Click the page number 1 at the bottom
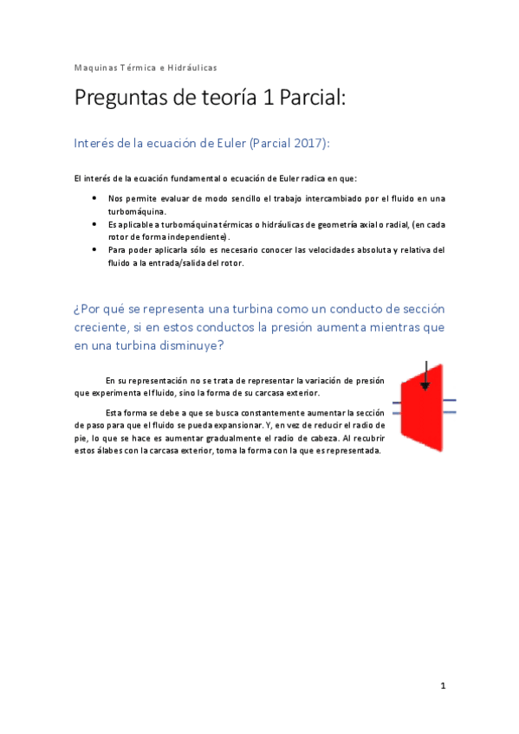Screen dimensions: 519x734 (442, 686)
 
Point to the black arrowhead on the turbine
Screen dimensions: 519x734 (425, 386)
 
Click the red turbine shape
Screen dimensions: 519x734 (422, 407)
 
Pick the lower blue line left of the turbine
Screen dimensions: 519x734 (396, 415)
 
